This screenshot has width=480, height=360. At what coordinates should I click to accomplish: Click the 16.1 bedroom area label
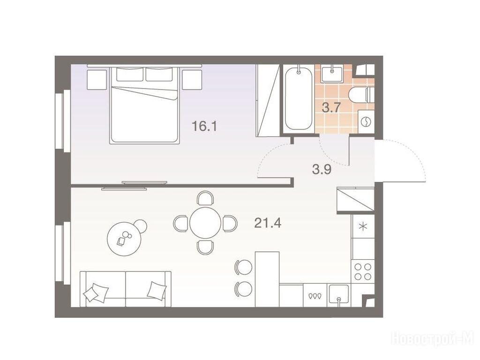204,126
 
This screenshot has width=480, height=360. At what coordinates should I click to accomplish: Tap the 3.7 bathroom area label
331,108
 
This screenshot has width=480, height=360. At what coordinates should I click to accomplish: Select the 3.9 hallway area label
322,169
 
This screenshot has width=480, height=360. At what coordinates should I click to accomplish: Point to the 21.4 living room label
268,223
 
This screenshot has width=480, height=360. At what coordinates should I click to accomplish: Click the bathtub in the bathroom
299,99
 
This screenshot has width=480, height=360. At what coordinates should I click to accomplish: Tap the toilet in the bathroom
361,95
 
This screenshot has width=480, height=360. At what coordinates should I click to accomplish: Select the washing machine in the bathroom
366,122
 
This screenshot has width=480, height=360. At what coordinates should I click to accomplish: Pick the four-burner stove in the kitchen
363,271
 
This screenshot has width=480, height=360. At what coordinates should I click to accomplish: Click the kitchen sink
338,295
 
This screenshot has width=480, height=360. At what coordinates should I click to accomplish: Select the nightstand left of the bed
97,79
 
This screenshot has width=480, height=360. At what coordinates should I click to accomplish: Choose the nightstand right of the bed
192,79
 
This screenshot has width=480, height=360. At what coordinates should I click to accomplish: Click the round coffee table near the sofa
124,239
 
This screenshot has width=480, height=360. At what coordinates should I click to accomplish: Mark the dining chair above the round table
205,198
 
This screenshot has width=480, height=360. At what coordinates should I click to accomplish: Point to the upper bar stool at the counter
243,267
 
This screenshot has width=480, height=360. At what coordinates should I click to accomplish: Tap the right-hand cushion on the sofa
157,290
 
